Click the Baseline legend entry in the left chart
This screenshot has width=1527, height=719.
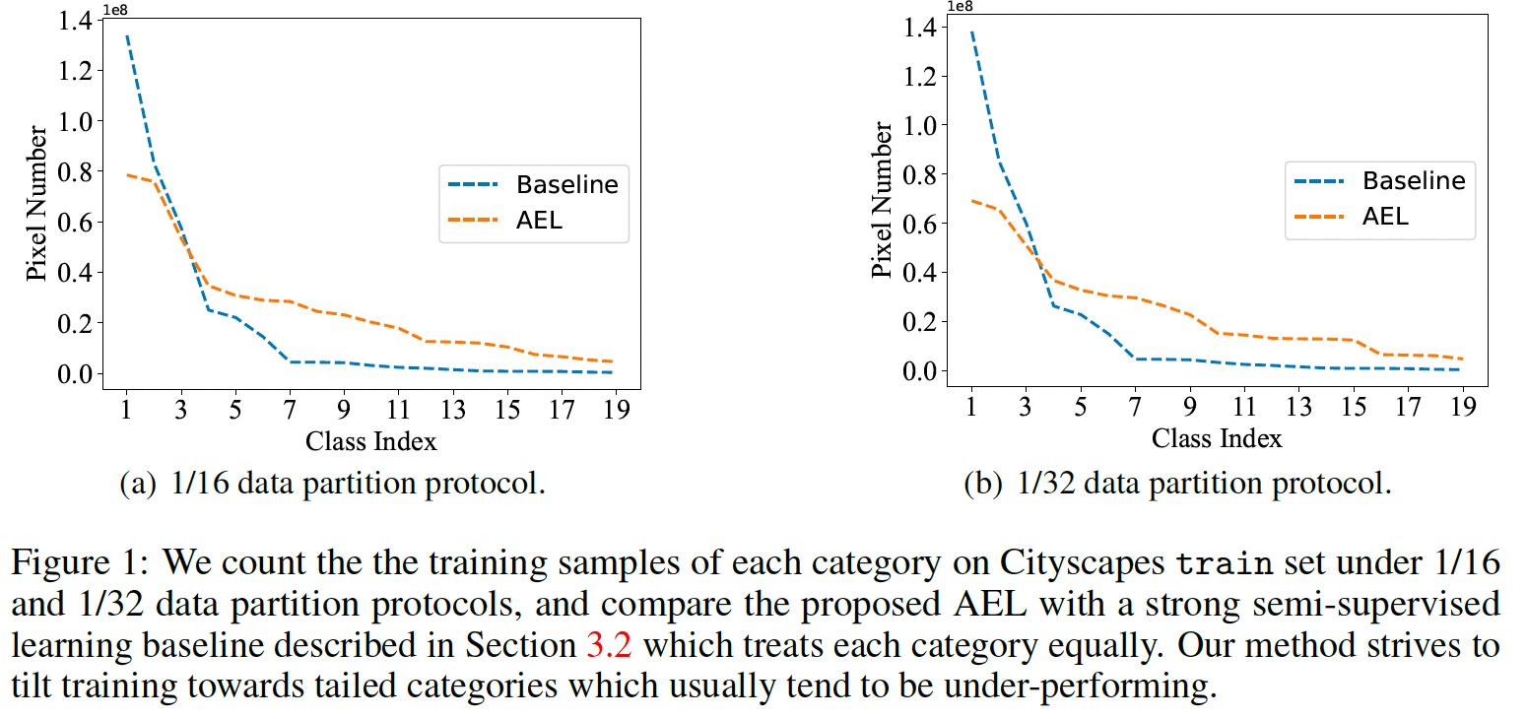[x=566, y=184]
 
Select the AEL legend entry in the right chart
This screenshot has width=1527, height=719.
[x=1386, y=216]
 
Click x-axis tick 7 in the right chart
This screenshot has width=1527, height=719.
[x=1134, y=405]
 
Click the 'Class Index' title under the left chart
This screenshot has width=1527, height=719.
[x=371, y=440]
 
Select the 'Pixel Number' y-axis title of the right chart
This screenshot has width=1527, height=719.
[x=883, y=199]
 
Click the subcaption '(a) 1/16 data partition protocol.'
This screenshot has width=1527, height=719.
[x=332, y=485]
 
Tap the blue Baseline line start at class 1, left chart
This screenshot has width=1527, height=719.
[x=127, y=36]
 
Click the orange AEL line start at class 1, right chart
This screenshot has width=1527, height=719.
[x=972, y=200]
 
